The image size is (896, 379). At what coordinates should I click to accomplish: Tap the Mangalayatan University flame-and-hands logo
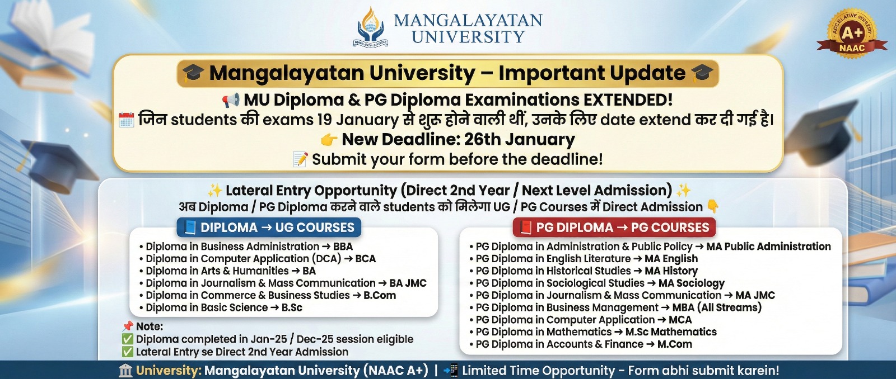tap(370, 27)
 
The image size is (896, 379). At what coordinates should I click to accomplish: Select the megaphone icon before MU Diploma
tap(231, 100)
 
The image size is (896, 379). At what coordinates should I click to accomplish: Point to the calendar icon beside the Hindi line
tap(127, 120)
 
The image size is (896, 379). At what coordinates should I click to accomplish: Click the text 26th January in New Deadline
tap(519, 139)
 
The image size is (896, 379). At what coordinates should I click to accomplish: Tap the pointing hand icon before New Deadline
tap(329, 140)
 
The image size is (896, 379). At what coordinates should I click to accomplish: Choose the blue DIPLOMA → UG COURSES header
tap(269, 228)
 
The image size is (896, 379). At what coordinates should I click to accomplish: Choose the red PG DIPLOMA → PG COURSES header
tap(614, 228)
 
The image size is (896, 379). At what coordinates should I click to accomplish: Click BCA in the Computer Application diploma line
tap(365, 259)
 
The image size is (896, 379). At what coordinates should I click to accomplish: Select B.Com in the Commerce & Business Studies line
tap(380, 296)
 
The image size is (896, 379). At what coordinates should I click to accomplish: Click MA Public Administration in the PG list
tap(768, 247)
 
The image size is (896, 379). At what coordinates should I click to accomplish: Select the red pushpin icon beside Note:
tap(128, 326)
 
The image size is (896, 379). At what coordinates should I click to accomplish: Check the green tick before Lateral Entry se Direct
tap(128, 352)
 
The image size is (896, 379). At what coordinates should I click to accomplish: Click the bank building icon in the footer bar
tap(125, 371)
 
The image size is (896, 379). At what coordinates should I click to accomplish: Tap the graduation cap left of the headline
tap(193, 73)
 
